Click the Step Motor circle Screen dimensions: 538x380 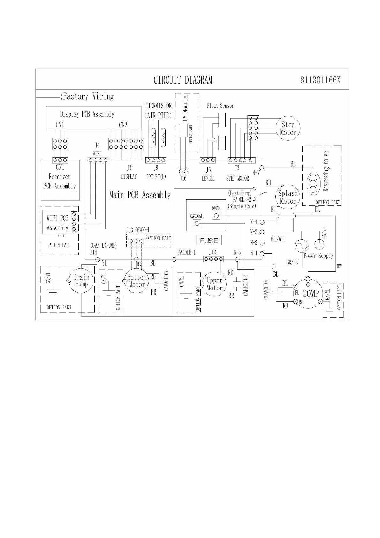pos(288,128)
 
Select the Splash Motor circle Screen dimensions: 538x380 pos(288,197)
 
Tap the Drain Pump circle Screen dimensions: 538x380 pos(81,281)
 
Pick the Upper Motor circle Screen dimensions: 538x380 pos(214,284)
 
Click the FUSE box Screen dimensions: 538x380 pos(209,241)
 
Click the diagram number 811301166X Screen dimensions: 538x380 pos(320,80)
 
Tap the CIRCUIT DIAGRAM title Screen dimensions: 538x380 pos(183,80)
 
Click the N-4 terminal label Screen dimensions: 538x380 pos(254,222)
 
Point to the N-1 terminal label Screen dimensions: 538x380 pos(254,253)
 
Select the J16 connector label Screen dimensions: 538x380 pos(183,178)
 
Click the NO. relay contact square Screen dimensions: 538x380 pos(216,216)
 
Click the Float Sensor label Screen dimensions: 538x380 pos(220,106)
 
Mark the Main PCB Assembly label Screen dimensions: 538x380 pos(140,195)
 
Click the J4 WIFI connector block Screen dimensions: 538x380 pos(98,160)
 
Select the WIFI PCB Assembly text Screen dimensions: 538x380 pos(57,223)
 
